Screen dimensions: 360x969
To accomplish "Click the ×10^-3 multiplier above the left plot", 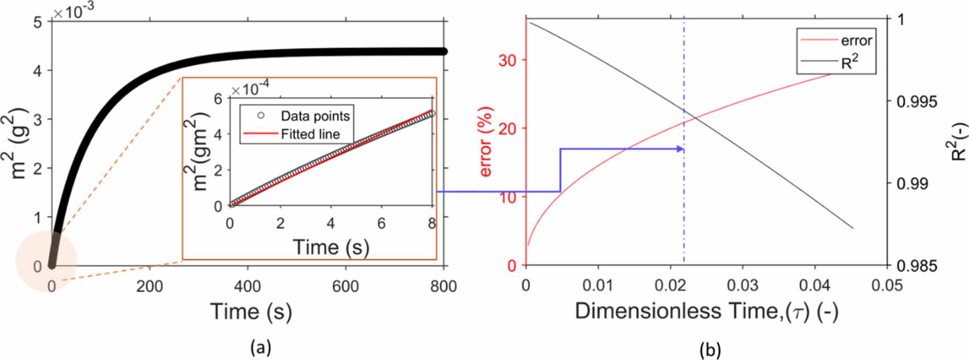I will tap(74, 11).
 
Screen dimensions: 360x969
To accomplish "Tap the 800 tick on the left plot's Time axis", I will tap(444, 286).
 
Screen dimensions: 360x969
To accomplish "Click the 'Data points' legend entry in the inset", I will tap(315, 116).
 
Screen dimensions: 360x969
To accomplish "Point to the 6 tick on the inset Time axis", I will tap(381, 223).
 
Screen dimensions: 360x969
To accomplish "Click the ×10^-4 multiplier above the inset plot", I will tap(250, 89).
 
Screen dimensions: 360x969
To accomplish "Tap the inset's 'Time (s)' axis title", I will tap(331, 247).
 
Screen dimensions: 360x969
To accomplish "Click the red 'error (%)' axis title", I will tap(486, 142).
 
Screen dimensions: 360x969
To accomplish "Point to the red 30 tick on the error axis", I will tap(507, 60).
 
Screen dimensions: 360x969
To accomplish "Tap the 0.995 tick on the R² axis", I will tap(917, 102).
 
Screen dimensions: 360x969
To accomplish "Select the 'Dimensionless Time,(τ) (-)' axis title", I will tap(706, 311).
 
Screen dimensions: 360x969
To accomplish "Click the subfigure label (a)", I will tap(260, 347).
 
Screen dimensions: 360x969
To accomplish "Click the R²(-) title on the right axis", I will tap(959, 141).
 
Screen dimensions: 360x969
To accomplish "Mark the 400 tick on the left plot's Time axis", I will tap(247, 286).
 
